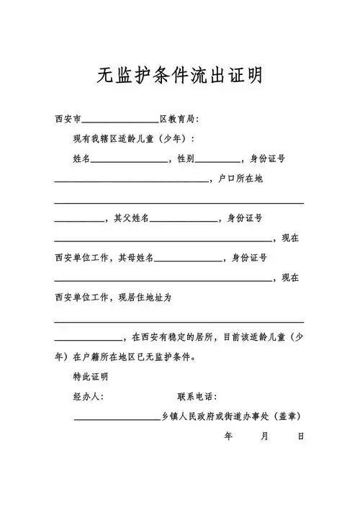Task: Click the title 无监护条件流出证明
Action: pyautogui.click(x=179, y=74)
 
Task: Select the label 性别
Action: pyautogui.click(x=185, y=158)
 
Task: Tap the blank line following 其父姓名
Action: pyautogui.click(x=183, y=220)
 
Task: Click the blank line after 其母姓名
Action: pyautogui.click(x=188, y=259)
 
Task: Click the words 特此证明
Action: pyautogui.click(x=90, y=376)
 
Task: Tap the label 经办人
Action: pyautogui.click(x=88, y=396)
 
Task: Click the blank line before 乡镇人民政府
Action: pyautogui.click(x=117, y=418)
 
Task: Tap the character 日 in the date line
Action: pyautogui.click(x=301, y=436)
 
